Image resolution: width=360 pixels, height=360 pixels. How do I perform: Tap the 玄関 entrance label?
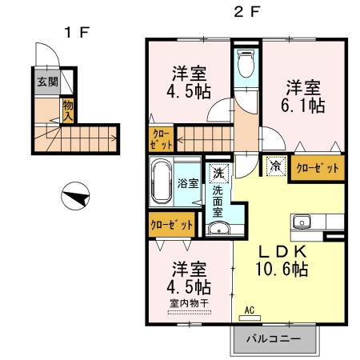pos(46,82)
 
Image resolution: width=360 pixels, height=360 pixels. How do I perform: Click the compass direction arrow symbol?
pos(77,195)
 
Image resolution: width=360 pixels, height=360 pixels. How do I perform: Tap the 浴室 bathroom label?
pos(186,182)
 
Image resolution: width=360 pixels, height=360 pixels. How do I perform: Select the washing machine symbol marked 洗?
pos(218,171)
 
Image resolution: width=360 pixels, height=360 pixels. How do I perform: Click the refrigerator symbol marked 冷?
pos(274,166)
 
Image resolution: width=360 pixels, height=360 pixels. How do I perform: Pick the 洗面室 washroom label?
pos(218,196)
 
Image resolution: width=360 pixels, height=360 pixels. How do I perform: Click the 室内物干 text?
pos(190,303)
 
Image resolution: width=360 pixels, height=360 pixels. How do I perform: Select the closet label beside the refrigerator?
pos(318,169)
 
